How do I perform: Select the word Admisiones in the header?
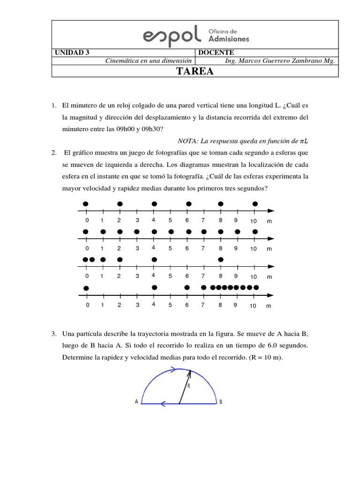click(x=228, y=39)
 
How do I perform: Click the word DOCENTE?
click(x=216, y=52)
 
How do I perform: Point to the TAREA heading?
click(x=195, y=71)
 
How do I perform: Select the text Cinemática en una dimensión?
click(x=149, y=60)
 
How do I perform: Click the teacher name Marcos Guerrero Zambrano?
click(x=286, y=60)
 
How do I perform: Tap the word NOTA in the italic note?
click(x=187, y=141)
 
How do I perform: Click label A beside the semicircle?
click(x=136, y=402)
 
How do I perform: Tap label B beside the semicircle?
click(x=221, y=402)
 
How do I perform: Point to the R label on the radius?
click(x=188, y=386)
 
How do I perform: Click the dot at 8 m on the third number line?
click(x=220, y=259)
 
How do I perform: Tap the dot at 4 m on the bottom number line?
click(x=154, y=287)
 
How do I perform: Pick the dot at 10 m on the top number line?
click(x=255, y=204)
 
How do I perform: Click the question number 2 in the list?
click(x=54, y=153)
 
